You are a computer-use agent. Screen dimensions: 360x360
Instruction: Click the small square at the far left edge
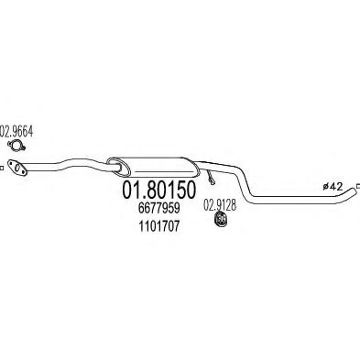tap(3, 166)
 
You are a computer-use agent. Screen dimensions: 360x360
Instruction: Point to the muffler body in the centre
tap(156, 166)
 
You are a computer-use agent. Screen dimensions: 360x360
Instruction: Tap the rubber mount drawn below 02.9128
tap(220, 222)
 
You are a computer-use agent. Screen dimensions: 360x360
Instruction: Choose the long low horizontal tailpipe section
tap(293, 202)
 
